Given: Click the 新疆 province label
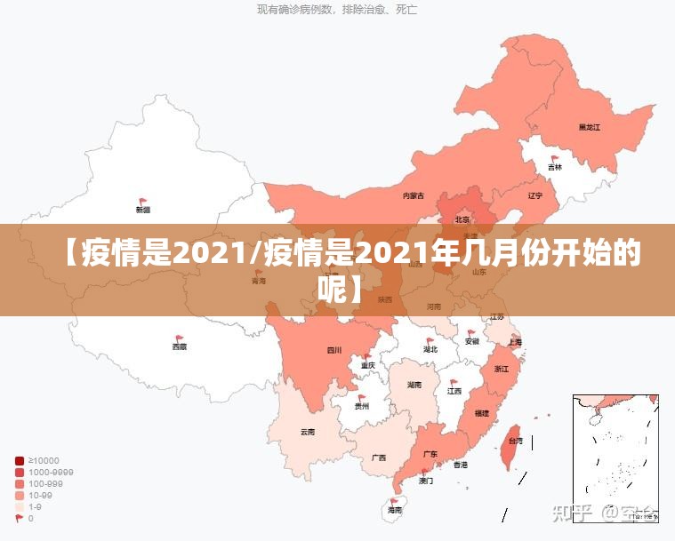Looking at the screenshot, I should coord(143,211).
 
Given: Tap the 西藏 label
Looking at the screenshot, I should coord(180,347).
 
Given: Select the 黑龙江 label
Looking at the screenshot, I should coord(590,127).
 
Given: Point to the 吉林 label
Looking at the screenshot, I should coord(555,167).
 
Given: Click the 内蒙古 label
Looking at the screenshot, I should coord(414,195).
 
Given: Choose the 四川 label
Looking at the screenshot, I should coord(334,350).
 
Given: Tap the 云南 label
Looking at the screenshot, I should coord(308,432).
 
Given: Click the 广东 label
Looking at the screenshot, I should coord(430,454).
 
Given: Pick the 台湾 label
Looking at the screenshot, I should coord(515,441).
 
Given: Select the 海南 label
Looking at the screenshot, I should coord(395,511).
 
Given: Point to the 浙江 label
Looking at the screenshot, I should coord(501,368).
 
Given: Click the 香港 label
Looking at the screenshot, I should coord(461,465).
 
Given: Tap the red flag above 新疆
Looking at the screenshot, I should coord(143,202).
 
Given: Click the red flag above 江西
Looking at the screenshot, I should coord(454,382).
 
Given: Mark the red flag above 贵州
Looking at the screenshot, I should coord(362,398).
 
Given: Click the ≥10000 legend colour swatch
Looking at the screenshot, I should coord(20,460).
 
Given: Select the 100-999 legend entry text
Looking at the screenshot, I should coord(45,483).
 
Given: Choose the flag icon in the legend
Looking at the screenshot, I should coord(20,518).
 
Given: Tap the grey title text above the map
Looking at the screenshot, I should coord(337,10).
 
